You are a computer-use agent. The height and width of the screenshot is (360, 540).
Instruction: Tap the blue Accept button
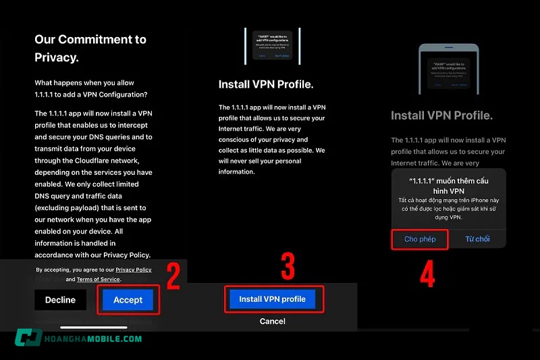(128, 300)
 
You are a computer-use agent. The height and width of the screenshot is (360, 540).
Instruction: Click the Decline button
(60, 300)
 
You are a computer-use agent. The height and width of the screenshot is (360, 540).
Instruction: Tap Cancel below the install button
(272, 322)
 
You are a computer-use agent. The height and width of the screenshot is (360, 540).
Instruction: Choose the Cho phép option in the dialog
(420, 239)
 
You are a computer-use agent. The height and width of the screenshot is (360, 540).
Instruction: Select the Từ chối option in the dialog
(477, 239)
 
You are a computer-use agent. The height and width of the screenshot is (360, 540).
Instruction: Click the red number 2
(173, 278)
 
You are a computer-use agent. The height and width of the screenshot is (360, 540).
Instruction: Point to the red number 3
(288, 267)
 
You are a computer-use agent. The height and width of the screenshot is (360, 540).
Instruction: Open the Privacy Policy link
(134, 269)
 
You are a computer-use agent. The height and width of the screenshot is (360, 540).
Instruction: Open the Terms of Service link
(98, 279)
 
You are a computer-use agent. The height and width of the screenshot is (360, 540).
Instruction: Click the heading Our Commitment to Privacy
(90, 48)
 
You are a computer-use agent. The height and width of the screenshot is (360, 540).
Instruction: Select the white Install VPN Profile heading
(266, 85)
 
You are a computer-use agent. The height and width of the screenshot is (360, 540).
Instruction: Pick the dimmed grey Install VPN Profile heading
(441, 115)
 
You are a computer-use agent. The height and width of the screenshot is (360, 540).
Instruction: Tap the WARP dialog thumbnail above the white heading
(273, 46)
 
